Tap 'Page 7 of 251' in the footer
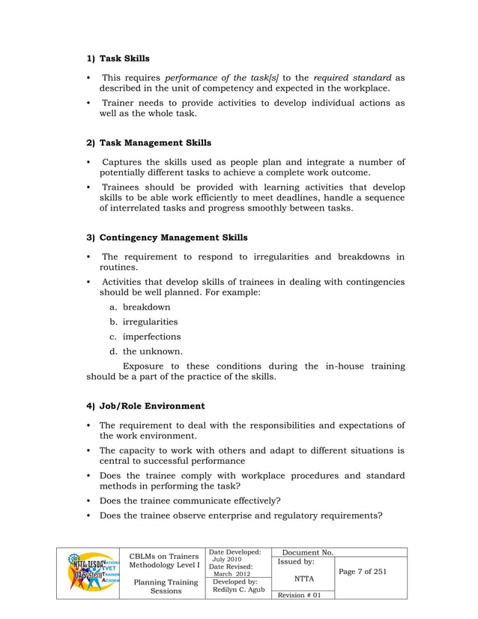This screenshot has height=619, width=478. [363, 572]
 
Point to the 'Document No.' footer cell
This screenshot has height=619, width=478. [306, 552]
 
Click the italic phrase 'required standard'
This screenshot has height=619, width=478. [352, 77]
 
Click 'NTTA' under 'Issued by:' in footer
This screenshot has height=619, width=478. [303, 578]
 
